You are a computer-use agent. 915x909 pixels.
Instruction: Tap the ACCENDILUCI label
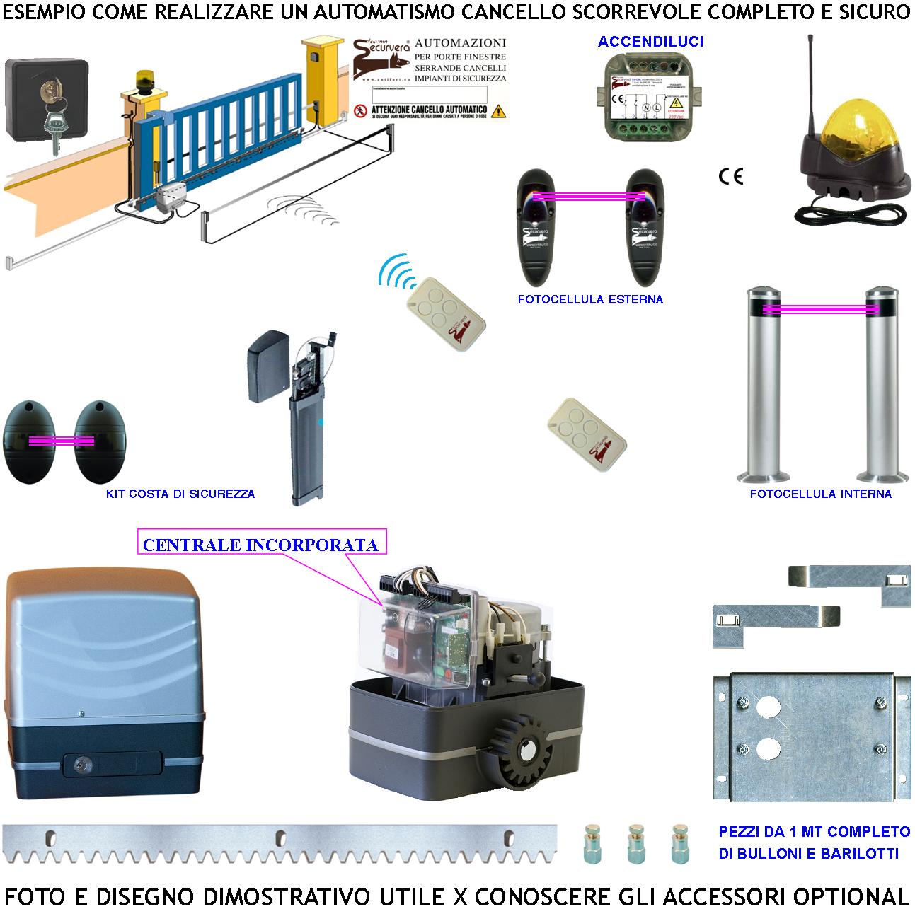coord(650,42)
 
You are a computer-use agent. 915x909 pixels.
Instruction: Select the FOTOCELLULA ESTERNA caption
coord(590,299)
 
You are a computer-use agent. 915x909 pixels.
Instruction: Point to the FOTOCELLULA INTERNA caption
coord(820,494)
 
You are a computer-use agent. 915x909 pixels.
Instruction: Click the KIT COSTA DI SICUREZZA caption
coord(180,494)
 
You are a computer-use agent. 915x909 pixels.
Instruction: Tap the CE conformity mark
coord(731,176)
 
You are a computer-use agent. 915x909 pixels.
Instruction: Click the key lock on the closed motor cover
coord(83,763)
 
